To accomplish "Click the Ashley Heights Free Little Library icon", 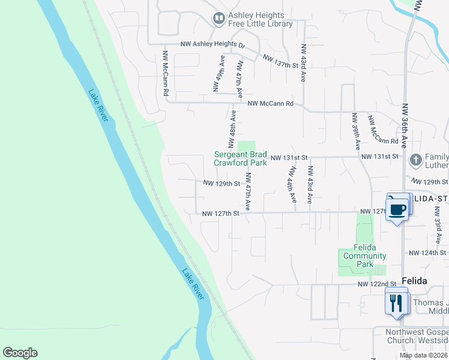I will pyautogui.click(x=218, y=19).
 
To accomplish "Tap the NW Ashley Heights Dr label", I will pyautogui.click(x=213, y=45).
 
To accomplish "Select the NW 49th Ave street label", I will pyautogui.click(x=218, y=73).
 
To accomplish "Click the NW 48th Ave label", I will pyautogui.click(x=231, y=129).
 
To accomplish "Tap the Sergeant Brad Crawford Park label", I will pyautogui.click(x=241, y=158).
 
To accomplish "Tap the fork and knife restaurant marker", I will pyautogui.click(x=396, y=302).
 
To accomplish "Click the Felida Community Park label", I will pyautogui.click(x=365, y=256).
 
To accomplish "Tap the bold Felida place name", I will pyautogui.click(x=415, y=281).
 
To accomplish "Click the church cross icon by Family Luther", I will pyautogui.click(x=415, y=160).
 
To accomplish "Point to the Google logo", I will pyautogui.click(x=20, y=353).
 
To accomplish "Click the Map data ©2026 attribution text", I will pyautogui.click(x=424, y=356).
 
